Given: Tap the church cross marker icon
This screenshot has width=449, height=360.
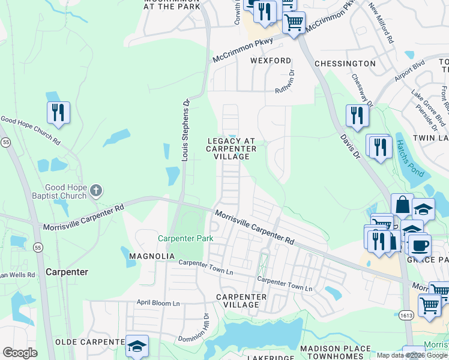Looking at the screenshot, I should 97,192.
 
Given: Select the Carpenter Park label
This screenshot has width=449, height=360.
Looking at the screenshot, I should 185,239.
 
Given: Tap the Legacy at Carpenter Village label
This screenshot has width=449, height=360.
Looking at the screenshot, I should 232,148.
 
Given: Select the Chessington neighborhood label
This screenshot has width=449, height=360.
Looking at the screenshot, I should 345,64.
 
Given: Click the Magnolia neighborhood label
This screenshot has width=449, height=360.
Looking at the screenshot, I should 152,256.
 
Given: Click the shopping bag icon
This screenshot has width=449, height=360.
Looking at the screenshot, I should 402,205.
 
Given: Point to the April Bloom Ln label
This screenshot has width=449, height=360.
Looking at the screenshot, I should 158,303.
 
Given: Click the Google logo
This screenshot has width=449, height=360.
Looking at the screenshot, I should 20,353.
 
